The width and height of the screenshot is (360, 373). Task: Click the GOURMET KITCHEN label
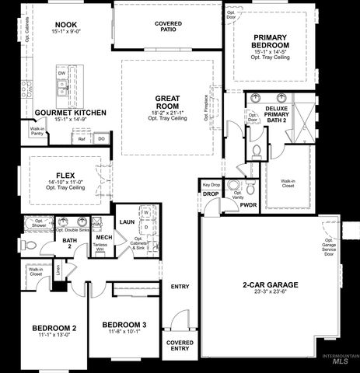(70, 113)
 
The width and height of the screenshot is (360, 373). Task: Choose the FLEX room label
(65, 175)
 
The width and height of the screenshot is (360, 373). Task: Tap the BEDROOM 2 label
(54, 329)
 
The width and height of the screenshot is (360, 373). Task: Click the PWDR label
(248, 204)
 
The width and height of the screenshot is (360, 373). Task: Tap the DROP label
(211, 193)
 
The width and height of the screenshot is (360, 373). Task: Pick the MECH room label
(103, 238)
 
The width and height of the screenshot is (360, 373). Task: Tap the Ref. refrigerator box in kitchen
(82, 140)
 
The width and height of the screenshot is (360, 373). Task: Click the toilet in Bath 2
(26, 244)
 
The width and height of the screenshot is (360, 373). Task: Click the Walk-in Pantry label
(37, 131)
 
